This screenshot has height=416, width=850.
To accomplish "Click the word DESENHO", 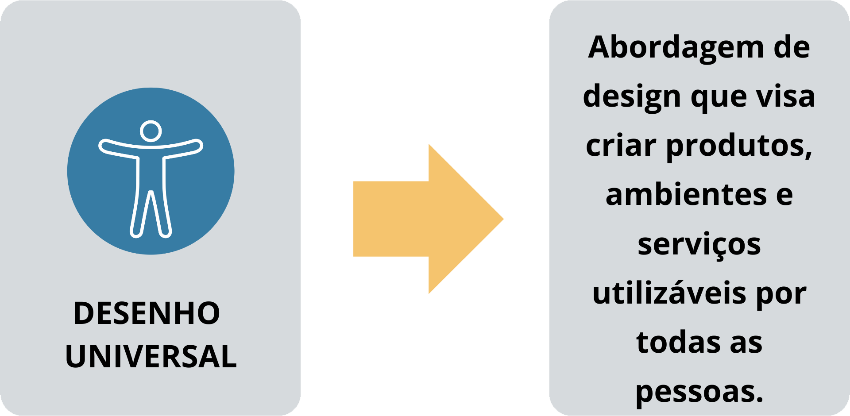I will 147,313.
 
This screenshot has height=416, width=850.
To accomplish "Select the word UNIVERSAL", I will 151,357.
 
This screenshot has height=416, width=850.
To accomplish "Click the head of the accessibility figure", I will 151,131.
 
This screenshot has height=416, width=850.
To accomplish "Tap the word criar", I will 621,146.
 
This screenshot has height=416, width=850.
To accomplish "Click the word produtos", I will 738,146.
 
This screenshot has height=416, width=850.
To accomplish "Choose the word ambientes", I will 686,195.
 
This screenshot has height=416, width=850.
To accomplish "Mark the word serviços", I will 699,245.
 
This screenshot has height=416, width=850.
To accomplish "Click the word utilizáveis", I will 669,293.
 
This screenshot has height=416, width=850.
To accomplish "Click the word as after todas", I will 746,343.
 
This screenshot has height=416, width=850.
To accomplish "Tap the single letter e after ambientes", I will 784,196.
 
